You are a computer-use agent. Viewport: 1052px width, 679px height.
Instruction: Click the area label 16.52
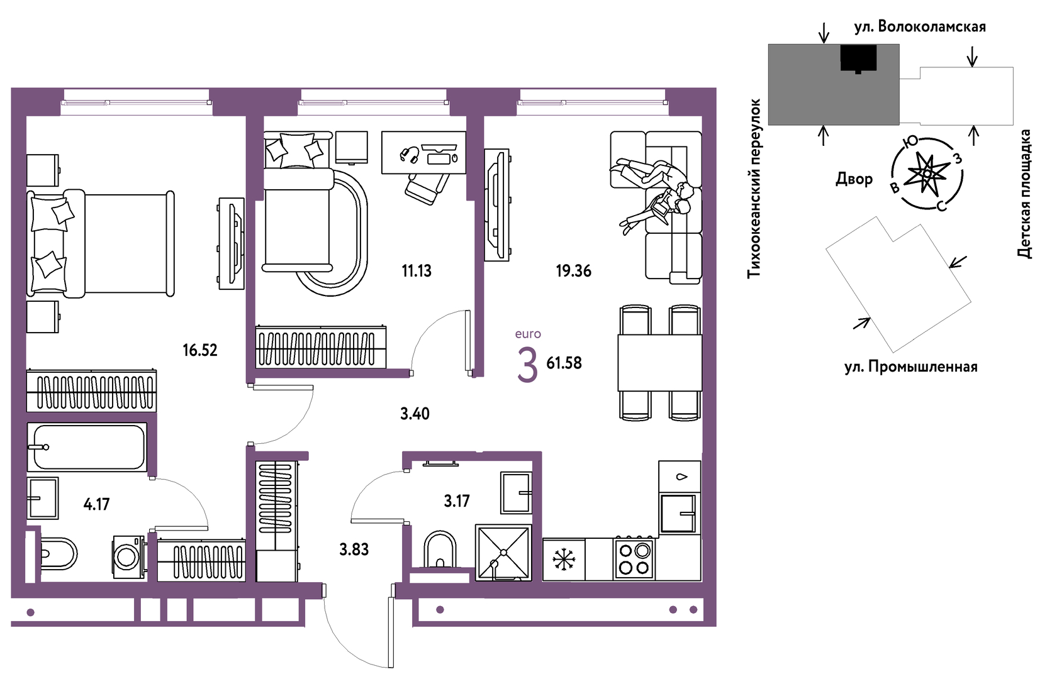click(x=200, y=350)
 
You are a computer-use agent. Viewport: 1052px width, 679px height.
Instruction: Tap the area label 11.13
click(x=416, y=271)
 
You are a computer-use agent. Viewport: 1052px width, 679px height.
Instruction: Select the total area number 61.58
click(x=564, y=363)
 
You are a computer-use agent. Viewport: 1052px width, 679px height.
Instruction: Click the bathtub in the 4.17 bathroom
click(x=87, y=447)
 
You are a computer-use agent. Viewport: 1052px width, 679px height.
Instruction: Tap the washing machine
click(x=128, y=557)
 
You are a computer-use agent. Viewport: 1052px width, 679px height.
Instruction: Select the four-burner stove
click(x=634, y=560)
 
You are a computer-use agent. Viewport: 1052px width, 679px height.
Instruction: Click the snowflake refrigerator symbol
click(x=564, y=560)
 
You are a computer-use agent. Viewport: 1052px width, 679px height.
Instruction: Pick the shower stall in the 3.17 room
click(x=503, y=553)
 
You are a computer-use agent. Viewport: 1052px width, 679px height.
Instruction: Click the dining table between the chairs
click(x=659, y=363)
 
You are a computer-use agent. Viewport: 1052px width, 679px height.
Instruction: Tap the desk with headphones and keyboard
click(x=423, y=152)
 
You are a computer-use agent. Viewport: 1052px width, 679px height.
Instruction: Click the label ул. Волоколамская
click(x=920, y=26)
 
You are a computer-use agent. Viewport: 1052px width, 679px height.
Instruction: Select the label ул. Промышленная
click(x=910, y=367)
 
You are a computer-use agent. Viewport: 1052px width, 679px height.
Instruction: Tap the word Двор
click(x=854, y=179)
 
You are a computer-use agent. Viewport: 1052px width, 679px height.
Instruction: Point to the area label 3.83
click(x=354, y=549)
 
